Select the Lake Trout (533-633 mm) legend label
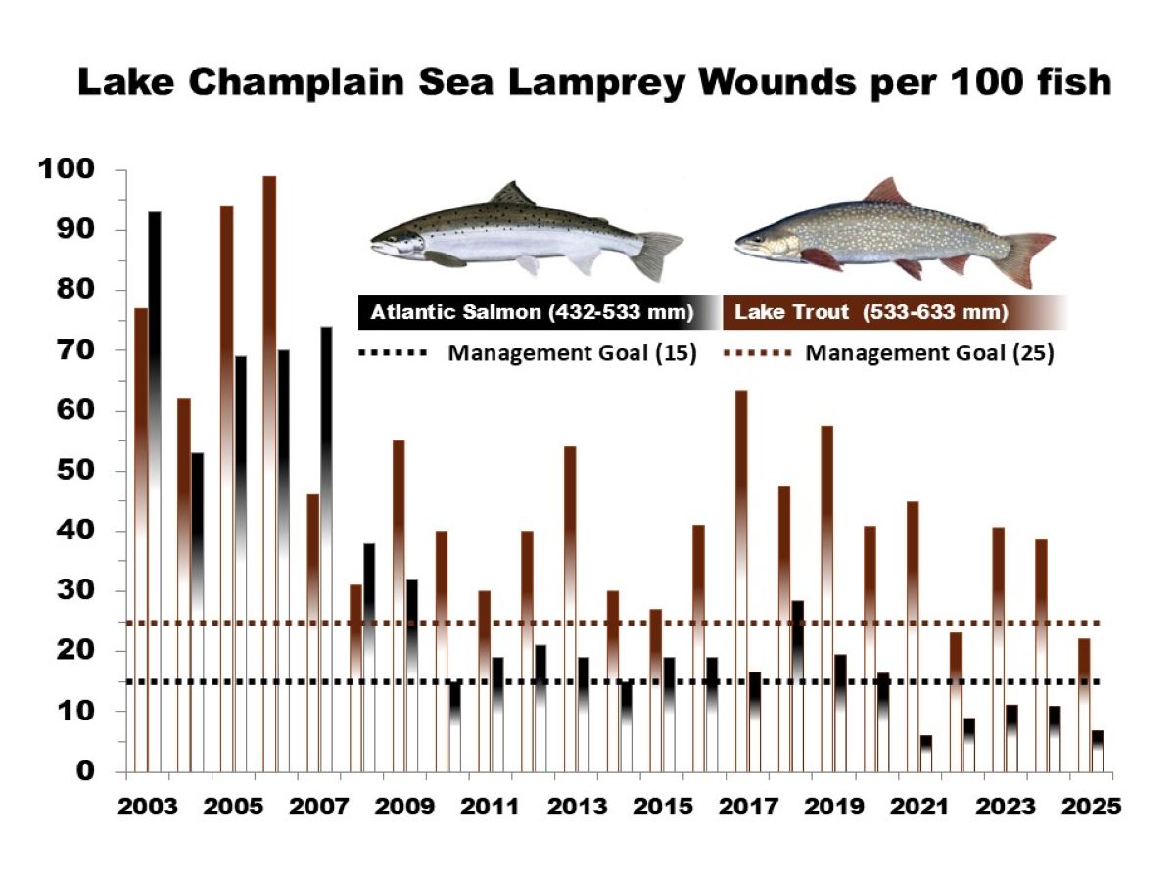point(871,313)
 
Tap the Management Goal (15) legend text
point(572,353)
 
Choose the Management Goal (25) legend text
point(929,353)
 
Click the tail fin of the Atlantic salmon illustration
point(656,254)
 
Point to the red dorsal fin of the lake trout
point(886,192)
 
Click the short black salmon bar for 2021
point(926,754)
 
